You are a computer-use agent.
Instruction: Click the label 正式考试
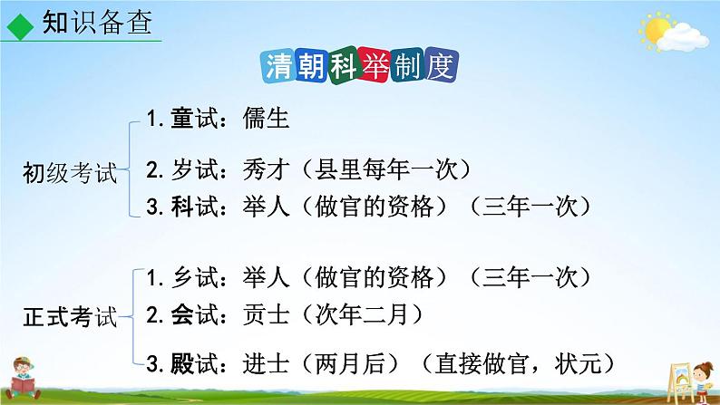coord(70,317)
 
